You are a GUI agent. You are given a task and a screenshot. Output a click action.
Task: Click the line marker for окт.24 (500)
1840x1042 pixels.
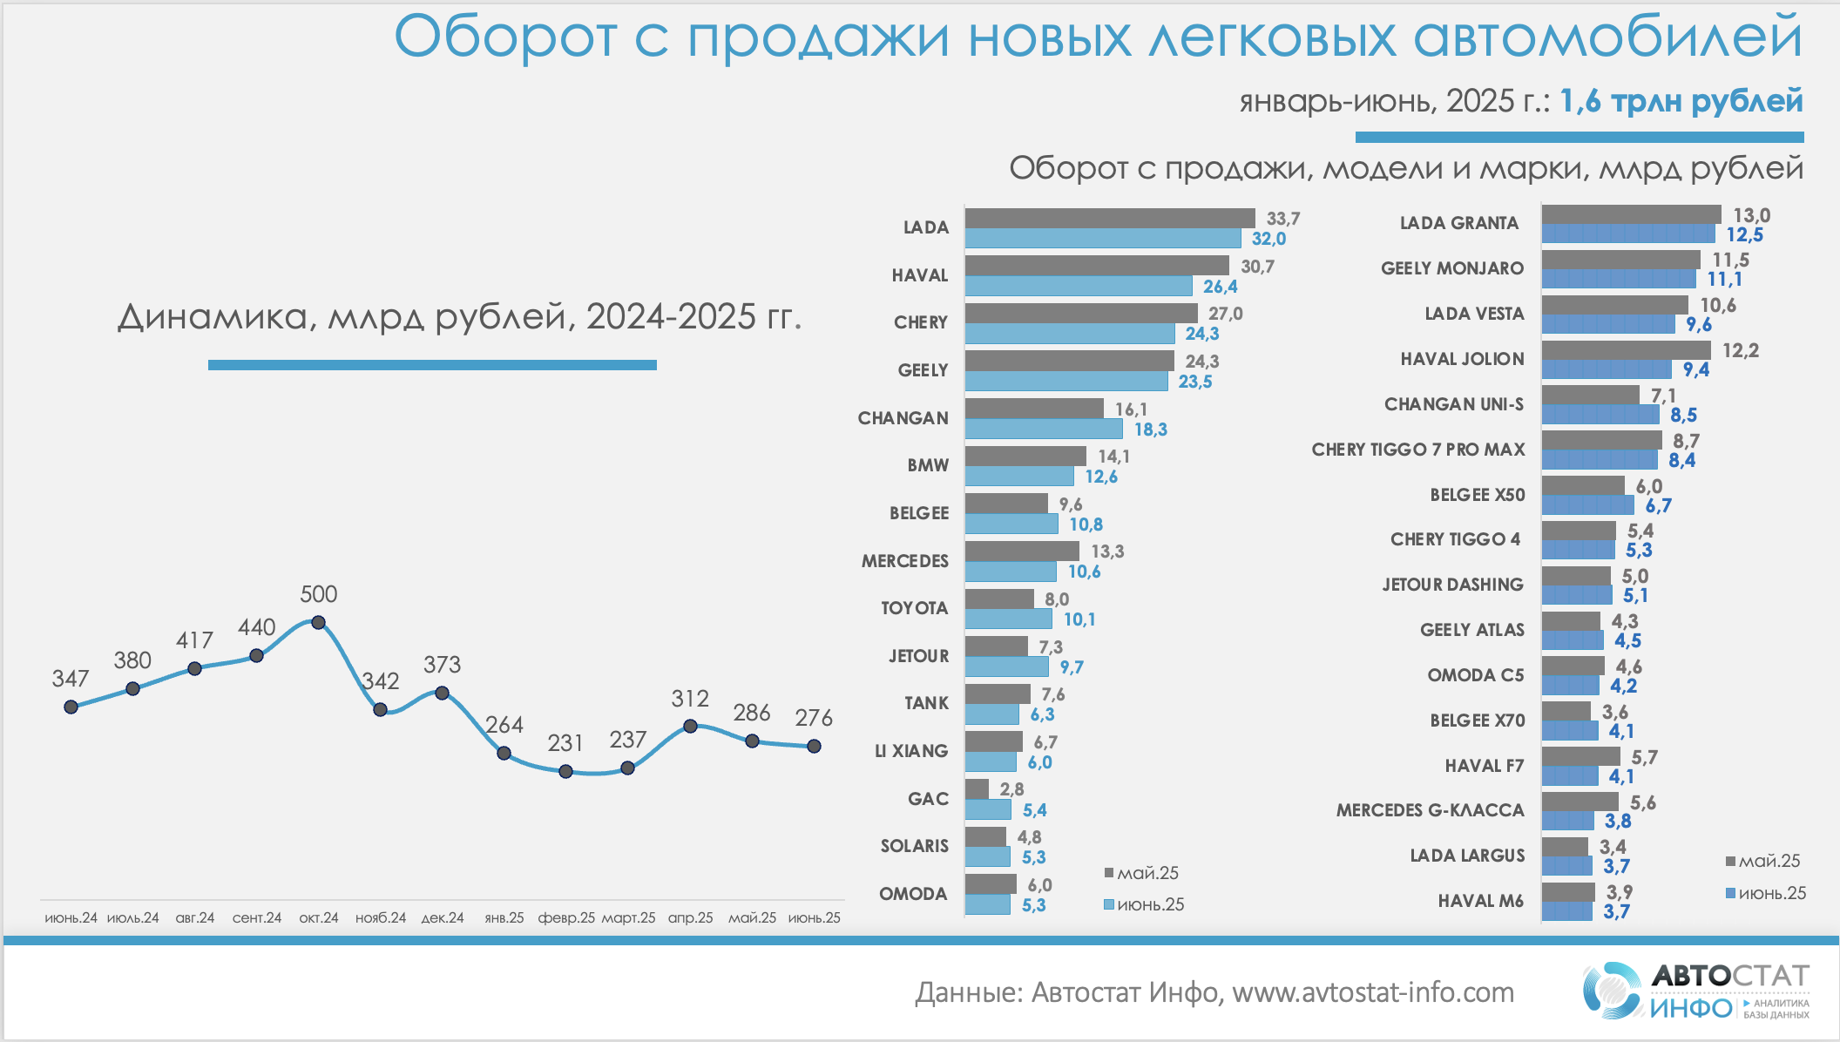(x=318, y=622)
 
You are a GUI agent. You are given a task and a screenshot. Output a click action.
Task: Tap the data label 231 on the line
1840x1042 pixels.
(x=565, y=743)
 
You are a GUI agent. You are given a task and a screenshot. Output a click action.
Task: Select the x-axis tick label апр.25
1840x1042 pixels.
(x=690, y=918)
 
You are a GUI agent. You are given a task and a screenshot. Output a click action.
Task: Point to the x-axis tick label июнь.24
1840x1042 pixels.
(x=71, y=918)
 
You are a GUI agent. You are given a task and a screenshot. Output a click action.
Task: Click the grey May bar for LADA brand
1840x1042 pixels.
(x=1109, y=218)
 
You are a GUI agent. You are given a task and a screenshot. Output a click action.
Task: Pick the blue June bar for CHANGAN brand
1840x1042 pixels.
(x=1043, y=429)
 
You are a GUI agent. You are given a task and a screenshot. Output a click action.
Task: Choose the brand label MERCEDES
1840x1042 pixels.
(x=904, y=561)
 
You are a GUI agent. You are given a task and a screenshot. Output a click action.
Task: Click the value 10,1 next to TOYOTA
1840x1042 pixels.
(x=1079, y=619)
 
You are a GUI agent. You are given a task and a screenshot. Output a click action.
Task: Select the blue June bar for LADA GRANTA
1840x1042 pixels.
(x=1627, y=233)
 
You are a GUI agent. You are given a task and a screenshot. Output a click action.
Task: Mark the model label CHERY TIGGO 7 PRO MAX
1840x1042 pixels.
(x=1417, y=450)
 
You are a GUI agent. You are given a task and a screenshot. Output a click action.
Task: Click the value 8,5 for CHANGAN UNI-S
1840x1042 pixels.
(x=1683, y=416)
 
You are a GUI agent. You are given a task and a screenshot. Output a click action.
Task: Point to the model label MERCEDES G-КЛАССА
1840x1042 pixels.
(x=1430, y=810)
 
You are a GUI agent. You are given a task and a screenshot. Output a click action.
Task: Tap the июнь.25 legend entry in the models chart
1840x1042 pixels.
(x=1766, y=893)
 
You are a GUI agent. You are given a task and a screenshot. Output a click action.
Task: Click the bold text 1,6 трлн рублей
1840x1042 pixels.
(x=1681, y=101)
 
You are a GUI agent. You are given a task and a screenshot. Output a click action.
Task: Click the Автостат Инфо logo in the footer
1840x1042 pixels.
(x=1695, y=991)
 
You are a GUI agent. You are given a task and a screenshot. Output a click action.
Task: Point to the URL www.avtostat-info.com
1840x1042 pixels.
(x=1373, y=992)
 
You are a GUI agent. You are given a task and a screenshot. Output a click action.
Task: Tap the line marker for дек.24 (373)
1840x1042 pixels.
(x=442, y=694)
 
